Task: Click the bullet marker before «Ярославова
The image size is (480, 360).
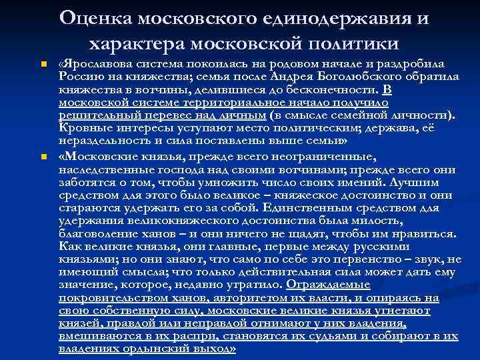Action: (x=42, y=65)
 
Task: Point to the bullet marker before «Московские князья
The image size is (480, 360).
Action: (x=42, y=157)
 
